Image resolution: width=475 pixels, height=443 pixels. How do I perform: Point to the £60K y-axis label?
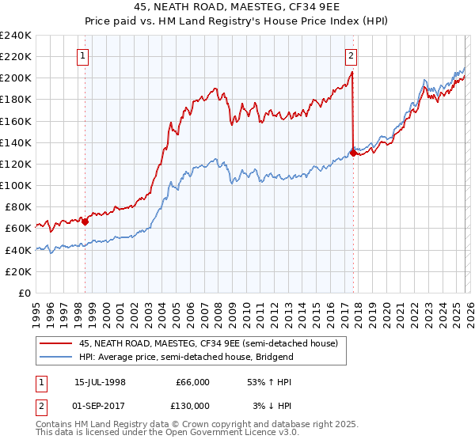17,229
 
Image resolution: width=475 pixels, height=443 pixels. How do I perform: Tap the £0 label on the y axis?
24,293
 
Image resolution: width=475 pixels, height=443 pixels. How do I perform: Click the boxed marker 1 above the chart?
83,55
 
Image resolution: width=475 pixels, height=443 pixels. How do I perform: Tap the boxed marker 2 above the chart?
351,55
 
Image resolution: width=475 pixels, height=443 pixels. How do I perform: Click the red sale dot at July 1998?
85,221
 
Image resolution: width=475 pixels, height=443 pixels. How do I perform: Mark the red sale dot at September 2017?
353,153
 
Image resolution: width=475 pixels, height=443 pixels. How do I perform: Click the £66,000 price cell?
192,382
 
